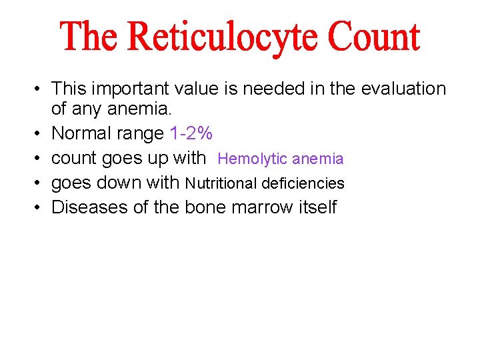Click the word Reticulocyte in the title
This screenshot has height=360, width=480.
[225, 38]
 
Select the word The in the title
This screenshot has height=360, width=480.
[89, 37]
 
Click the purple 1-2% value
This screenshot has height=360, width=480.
[191, 133]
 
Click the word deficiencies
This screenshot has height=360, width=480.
[303, 183]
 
